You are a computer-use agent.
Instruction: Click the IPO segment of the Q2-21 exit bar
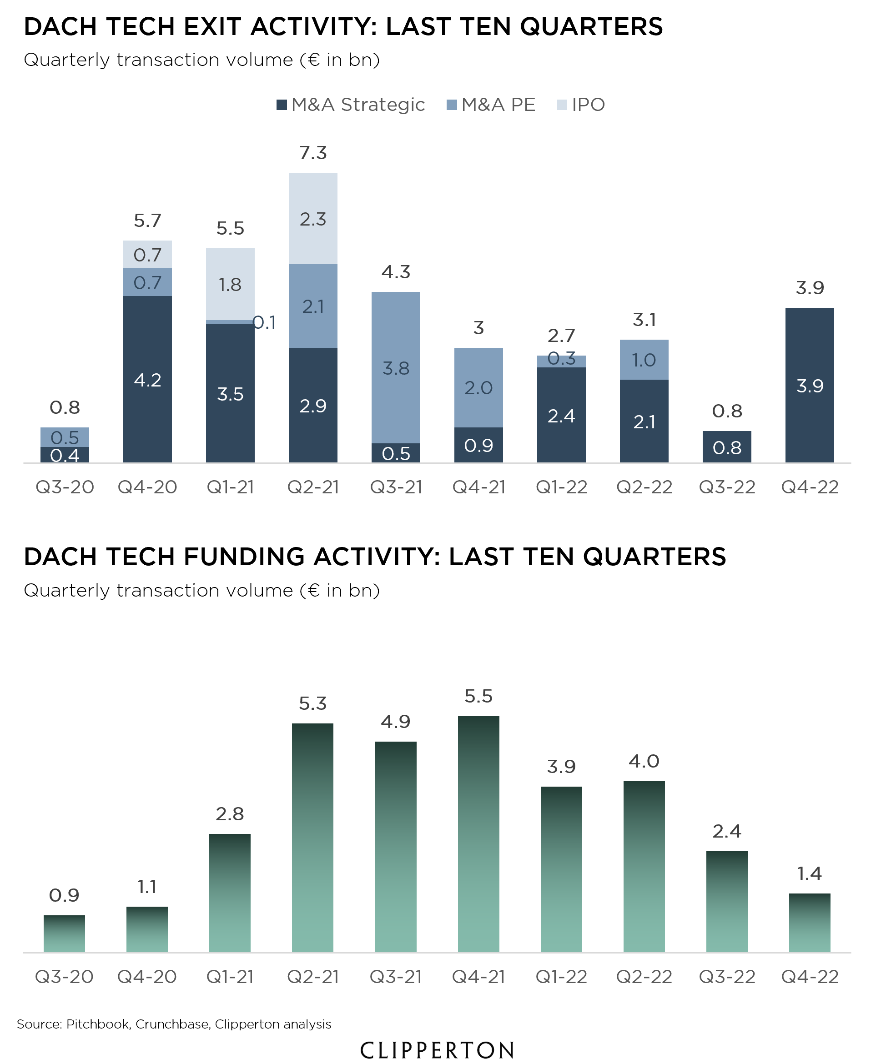click(312, 218)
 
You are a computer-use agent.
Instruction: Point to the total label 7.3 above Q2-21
click(312, 153)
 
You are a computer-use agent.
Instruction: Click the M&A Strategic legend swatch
click(282, 105)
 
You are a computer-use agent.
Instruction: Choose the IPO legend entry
click(580, 105)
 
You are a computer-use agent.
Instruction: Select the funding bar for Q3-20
click(64, 934)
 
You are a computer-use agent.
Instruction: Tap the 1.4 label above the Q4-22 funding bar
click(809, 873)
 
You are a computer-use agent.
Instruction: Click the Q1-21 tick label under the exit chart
click(230, 487)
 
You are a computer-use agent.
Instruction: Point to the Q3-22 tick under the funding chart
click(727, 977)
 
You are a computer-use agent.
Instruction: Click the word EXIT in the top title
click(212, 27)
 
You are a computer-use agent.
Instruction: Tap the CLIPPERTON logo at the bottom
click(437, 1049)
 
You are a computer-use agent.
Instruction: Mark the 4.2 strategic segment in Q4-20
click(147, 379)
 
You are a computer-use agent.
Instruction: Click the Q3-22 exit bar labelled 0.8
click(727, 447)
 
